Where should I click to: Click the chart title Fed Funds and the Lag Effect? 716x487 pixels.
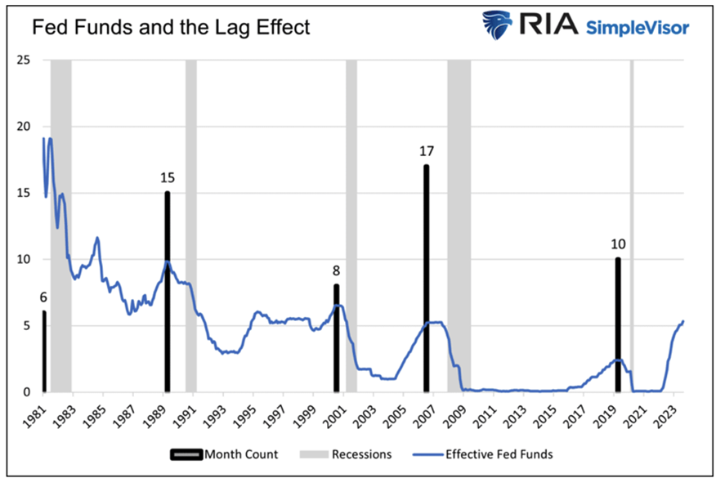(x=170, y=27)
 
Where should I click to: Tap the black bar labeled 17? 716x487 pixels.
(x=426, y=278)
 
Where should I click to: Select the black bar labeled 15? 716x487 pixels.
(x=168, y=292)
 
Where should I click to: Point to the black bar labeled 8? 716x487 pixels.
(x=336, y=338)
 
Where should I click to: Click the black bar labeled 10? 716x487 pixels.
(x=618, y=324)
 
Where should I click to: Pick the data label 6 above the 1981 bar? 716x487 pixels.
(x=43, y=297)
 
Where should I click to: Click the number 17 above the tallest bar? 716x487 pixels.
(x=426, y=151)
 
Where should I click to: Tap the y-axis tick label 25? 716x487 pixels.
(x=24, y=60)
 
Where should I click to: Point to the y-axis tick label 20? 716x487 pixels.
(x=24, y=127)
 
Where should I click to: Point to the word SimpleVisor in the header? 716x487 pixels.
(x=638, y=28)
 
